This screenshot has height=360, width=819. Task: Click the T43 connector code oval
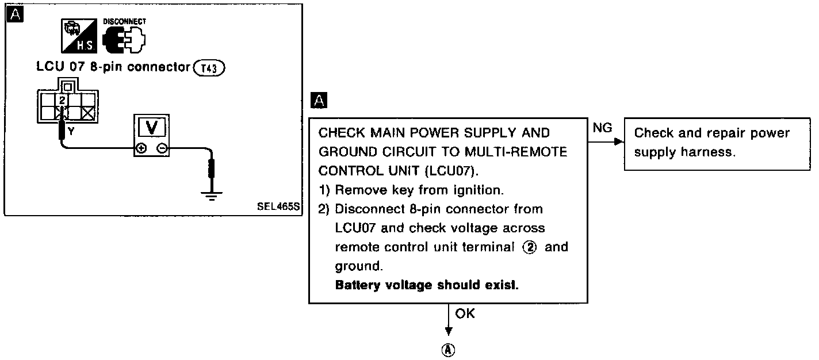pyautogui.click(x=210, y=67)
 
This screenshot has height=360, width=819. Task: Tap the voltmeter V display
pyautogui.click(x=152, y=127)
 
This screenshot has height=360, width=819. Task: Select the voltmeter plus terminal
pyautogui.click(x=141, y=148)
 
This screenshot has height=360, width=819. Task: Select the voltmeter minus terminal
pyautogui.click(x=162, y=148)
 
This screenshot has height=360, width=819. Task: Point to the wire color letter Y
pyautogui.click(x=71, y=132)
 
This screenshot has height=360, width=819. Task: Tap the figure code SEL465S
pyautogui.click(x=279, y=206)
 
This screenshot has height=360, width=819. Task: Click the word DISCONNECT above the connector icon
pyautogui.click(x=124, y=21)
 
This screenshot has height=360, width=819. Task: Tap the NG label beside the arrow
pyautogui.click(x=602, y=128)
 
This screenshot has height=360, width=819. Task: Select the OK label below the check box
pyautogui.click(x=465, y=314)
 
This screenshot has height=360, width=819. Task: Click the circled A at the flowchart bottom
pyautogui.click(x=448, y=349)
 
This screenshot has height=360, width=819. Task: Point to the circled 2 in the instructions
pyautogui.click(x=529, y=247)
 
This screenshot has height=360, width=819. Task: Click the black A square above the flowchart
pyautogui.click(x=318, y=101)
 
